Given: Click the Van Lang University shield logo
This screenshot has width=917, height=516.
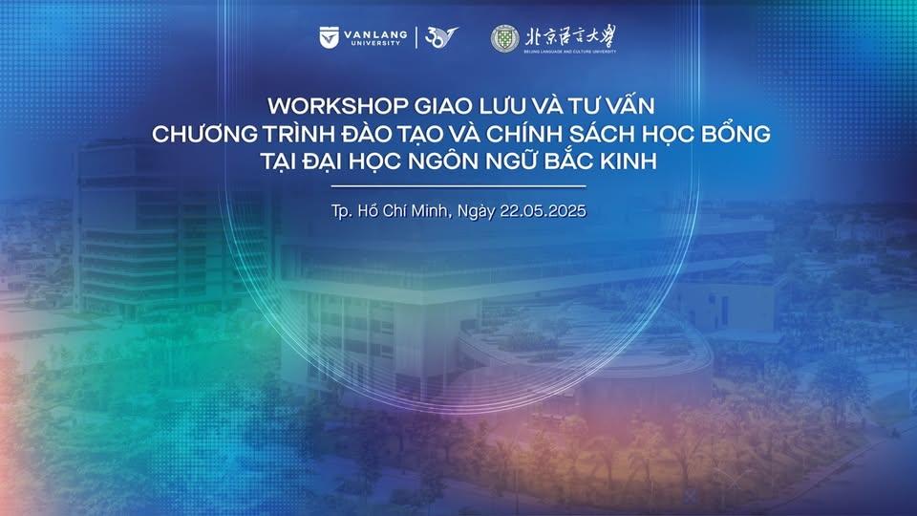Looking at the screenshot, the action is pyautogui.click(x=330, y=37).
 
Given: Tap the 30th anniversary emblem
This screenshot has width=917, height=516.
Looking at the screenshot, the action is pyautogui.click(x=441, y=37).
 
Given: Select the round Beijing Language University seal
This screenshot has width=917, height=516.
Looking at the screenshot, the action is pyautogui.click(x=504, y=38).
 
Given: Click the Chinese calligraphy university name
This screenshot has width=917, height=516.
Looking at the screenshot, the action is pyautogui.click(x=570, y=36).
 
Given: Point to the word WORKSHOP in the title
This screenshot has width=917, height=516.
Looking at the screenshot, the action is pyautogui.click(x=338, y=106).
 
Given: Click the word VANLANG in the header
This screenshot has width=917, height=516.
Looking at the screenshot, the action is pyautogui.click(x=375, y=34).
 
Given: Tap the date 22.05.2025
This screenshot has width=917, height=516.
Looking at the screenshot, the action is pyautogui.click(x=543, y=210).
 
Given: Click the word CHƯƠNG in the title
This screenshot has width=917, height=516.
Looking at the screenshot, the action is pyautogui.click(x=204, y=134).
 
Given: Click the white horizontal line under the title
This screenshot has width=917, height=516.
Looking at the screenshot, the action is pyautogui.click(x=458, y=186).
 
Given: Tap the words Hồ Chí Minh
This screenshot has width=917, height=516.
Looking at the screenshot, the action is pyautogui.click(x=404, y=210).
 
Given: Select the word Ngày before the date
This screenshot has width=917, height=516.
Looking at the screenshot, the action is pyautogui.click(x=476, y=211).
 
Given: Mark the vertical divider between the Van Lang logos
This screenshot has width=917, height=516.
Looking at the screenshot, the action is pyautogui.click(x=416, y=37).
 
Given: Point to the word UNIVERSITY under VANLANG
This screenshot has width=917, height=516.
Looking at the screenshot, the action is pyautogui.click(x=375, y=43).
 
